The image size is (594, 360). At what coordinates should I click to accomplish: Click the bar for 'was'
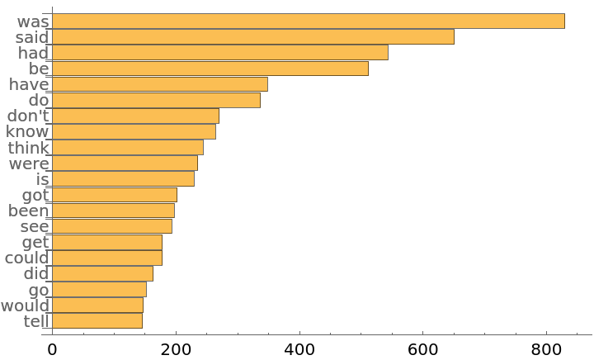pyautogui.click(x=308, y=21)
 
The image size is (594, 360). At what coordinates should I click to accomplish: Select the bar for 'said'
pyautogui.click(x=252, y=37)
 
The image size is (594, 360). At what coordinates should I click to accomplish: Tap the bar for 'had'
pyautogui.click(x=219, y=53)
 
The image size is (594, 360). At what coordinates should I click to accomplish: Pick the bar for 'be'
pyautogui.click(x=210, y=69)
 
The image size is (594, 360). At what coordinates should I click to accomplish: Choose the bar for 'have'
pyautogui.click(x=159, y=84)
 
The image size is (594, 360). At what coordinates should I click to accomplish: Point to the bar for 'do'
pyautogui.click(x=156, y=100)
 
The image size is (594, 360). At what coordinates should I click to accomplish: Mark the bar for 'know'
pyautogui.click(x=134, y=131)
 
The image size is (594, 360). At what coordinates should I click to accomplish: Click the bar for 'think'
pyautogui.click(x=127, y=148)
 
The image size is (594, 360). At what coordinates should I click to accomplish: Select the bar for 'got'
pyautogui.click(x=114, y=195)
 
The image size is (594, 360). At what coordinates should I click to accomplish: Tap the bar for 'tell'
pyautogui.click(x=97, y=321)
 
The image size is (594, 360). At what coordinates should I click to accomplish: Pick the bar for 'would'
pyautogui.click(x=97, y=306)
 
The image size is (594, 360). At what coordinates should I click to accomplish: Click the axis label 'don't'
pyautogui.click(x=28, y=116)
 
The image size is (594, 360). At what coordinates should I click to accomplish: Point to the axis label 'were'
pyautogui.click(x=28, y=163)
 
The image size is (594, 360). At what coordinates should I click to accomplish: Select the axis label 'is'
pyautogui.click(x=42, y=179)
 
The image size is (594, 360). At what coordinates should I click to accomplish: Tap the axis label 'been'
pyautogui.click(x=28, y=211)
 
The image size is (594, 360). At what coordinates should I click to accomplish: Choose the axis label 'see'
pyautogui.click(x=35, y=226)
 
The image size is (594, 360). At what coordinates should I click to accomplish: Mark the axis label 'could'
pyautogui.click(x=26, y=258)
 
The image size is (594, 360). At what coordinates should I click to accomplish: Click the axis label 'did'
pyautogui.click(x=36, y=274)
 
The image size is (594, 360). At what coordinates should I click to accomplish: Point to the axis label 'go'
pyautogui.click(x=39, y=290)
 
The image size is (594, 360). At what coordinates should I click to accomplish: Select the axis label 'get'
pyautogui.click(x=35, y=242)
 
